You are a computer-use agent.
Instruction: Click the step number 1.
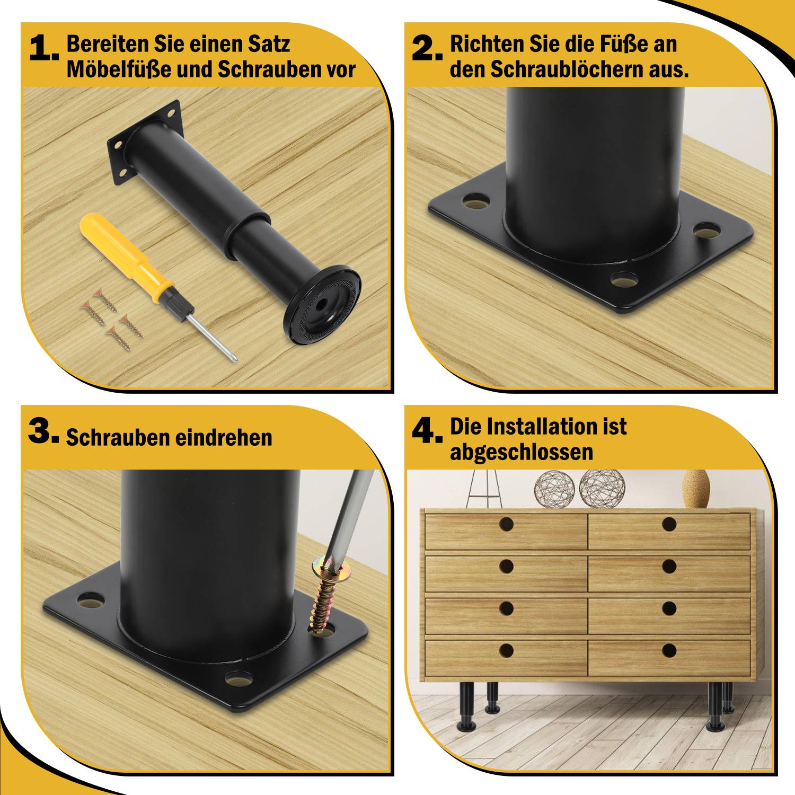click(x=42, y=49)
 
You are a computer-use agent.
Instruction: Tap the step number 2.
click(x=426, y=49)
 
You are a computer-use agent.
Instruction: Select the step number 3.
click(x=42, y=431)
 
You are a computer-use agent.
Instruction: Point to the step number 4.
click(x=426, y=431)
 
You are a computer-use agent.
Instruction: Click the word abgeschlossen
click(x=521, y=452)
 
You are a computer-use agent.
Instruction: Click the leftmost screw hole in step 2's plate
click(x=476, y=201)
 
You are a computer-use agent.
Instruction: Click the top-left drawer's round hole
click(x=506, y=525)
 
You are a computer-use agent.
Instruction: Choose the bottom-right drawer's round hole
click(x=669, y=650)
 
